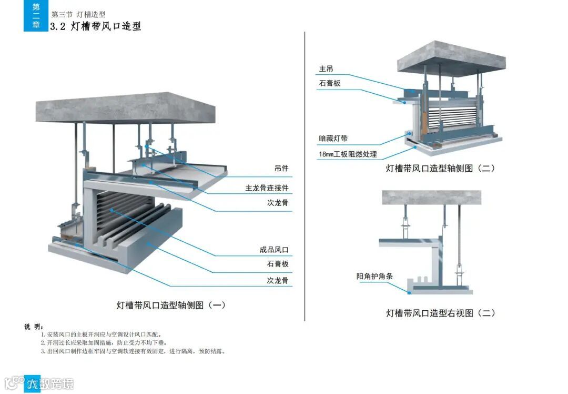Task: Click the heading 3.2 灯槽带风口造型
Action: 95,26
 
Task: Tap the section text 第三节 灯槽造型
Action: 78,15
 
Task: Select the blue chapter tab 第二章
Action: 36,16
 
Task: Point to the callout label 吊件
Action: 281,169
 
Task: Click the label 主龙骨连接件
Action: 267,188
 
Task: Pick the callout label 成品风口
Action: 274,250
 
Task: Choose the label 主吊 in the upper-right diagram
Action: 326,69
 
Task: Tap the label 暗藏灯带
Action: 333,139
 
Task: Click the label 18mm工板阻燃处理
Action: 348,155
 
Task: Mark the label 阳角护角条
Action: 374,276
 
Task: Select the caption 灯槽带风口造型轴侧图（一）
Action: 171,305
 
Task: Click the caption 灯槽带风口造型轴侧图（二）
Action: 441,169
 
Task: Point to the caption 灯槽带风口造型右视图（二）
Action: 441,313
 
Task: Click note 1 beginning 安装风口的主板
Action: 105,334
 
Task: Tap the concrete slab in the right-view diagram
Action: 431,198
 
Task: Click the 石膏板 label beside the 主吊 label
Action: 330,84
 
